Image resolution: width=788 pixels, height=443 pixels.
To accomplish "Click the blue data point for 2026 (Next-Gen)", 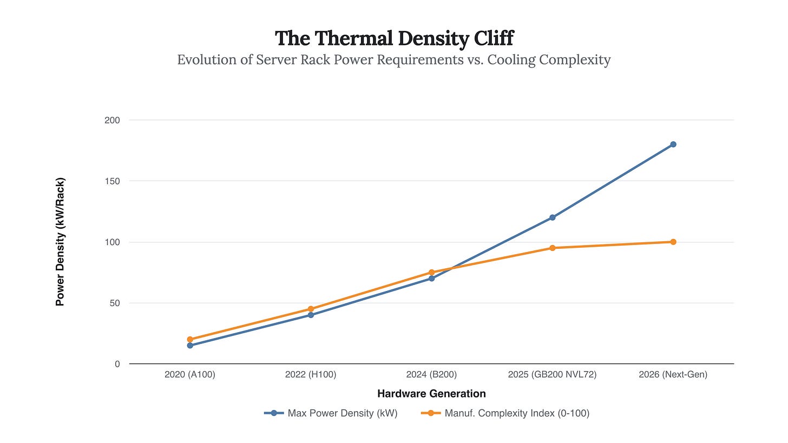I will (x=673, y=144).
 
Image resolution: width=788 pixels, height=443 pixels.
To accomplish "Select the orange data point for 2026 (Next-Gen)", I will (x=673, y=242).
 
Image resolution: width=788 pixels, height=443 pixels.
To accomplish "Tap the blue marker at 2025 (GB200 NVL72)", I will (x=552, y=217).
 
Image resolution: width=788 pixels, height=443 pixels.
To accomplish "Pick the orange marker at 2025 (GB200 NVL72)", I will (x=552, y=248).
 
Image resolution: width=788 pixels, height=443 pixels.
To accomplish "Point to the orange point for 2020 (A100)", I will (x=190, y=340).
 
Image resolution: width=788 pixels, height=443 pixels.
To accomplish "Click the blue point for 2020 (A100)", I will (x=190, y=345).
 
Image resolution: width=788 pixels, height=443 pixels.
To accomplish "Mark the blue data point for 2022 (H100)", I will (x=311, y=315).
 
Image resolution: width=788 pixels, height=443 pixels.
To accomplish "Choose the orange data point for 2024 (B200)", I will (x=431, y=273).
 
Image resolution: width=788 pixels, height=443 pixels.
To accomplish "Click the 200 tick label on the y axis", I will (x=112, y=120).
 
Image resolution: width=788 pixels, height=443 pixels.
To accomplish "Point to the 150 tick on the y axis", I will (x=112, y=181).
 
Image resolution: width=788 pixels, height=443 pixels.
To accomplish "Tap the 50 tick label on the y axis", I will (x=114, y=303).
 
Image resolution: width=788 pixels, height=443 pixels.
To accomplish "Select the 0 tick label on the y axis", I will (x=117, y=364).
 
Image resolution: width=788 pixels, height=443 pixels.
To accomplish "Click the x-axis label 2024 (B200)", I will (x=431, y=374).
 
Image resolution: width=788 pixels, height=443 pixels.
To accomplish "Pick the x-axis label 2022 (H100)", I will (x=311, y=374).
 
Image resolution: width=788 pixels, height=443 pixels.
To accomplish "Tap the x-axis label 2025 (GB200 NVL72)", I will (x=552, y=374).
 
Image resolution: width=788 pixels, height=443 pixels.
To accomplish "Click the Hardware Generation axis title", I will (x=431, y=394).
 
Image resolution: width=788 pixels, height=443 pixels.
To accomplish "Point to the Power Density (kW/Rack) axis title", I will (x=60, y=242).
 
